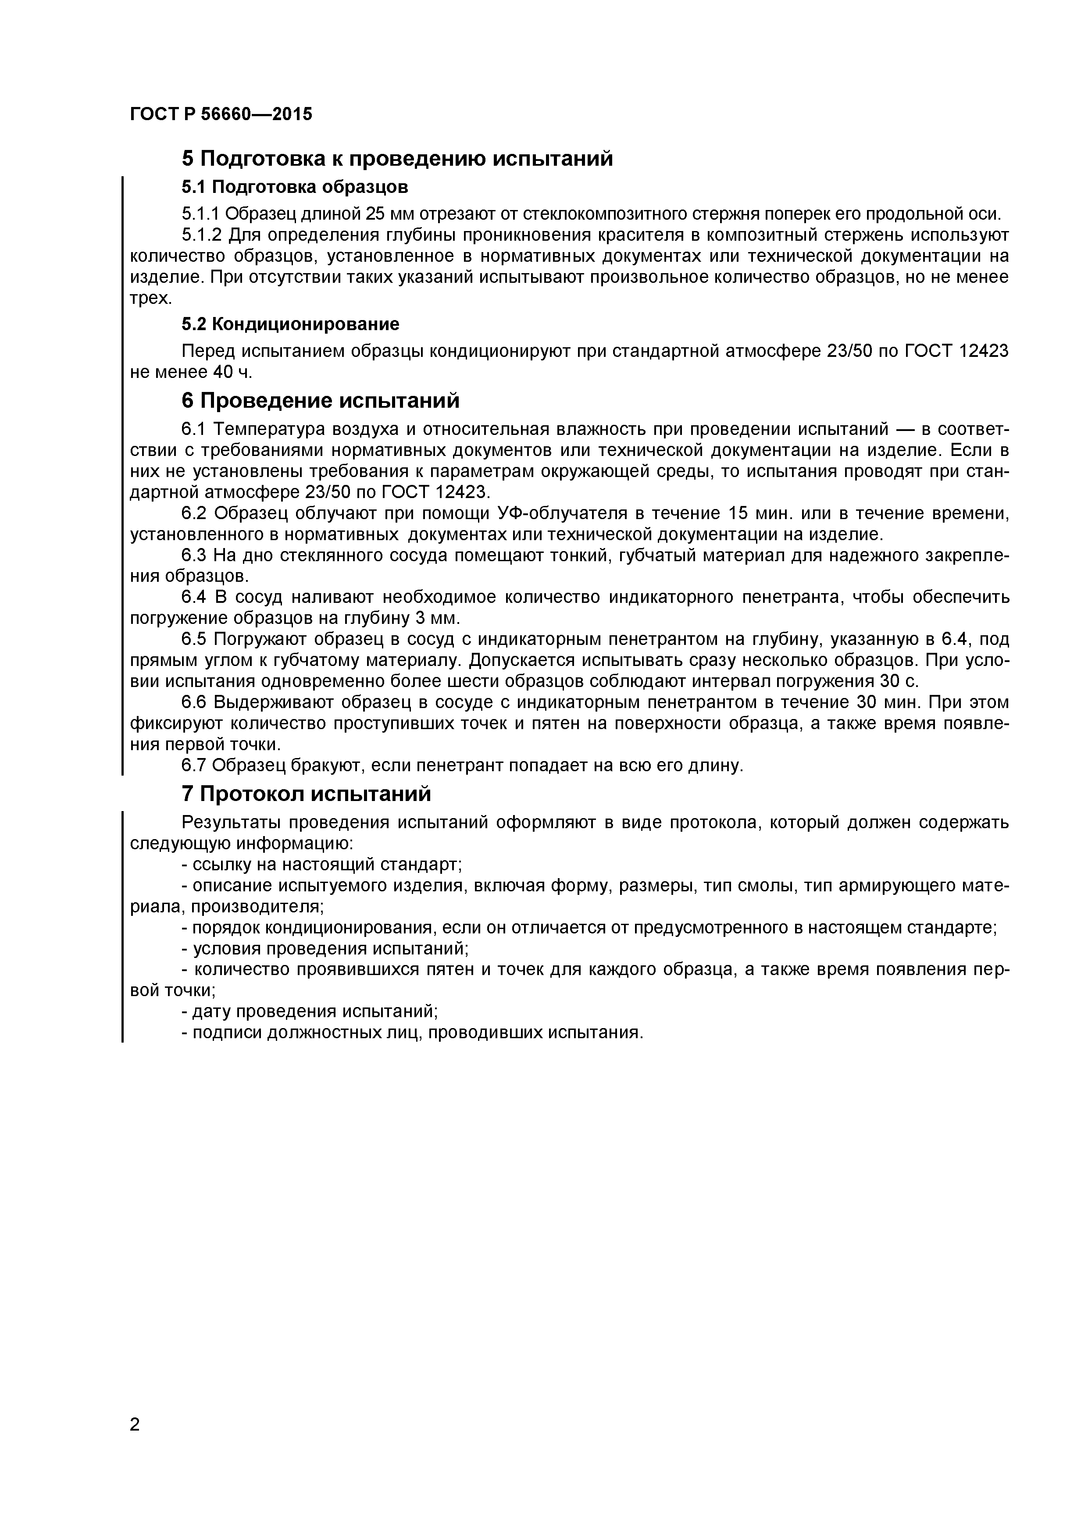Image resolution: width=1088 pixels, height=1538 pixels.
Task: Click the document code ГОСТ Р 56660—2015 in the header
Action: (221, 114)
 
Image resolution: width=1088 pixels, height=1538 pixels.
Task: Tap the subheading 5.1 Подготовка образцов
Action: (295, 186)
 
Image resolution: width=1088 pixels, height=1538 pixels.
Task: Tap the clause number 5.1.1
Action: (200, 214)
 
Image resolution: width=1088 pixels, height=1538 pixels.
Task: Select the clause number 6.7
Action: (195, 765)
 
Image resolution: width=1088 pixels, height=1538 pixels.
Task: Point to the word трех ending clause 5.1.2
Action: (149, 299)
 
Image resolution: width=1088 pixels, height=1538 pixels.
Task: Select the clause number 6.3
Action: (195, 555)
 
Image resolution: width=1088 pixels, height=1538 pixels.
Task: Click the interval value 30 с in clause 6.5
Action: (900, 681)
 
